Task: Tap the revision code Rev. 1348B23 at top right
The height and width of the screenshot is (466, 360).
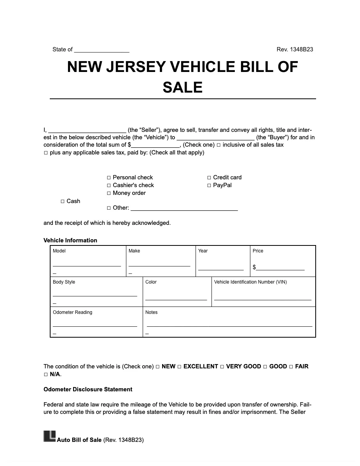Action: click(295, 49)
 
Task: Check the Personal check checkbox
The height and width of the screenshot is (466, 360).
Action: click(109, 178)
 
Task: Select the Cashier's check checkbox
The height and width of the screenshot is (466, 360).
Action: click(109, 186)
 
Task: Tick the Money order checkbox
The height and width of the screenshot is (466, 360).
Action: click(109, 193)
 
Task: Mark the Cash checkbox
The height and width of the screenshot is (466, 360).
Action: click(63, 201)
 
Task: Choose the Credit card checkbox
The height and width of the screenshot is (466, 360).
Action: click(209, 178)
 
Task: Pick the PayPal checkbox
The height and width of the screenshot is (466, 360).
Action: click(209, 186)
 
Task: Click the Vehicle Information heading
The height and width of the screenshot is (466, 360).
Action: click(70, 240)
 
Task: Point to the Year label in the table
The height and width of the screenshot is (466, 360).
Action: click(203, 251)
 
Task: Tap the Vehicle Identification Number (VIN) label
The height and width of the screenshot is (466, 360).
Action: click(250, 282)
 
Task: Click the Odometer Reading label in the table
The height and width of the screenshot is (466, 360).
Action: click(73, 312)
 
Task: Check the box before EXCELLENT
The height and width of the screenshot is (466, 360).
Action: click(179, 367)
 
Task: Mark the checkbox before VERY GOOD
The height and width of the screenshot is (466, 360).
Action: click(222, 367)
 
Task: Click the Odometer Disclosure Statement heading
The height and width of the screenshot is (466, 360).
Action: click(88, 389)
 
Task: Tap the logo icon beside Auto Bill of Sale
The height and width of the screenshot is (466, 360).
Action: click(49, 436)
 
